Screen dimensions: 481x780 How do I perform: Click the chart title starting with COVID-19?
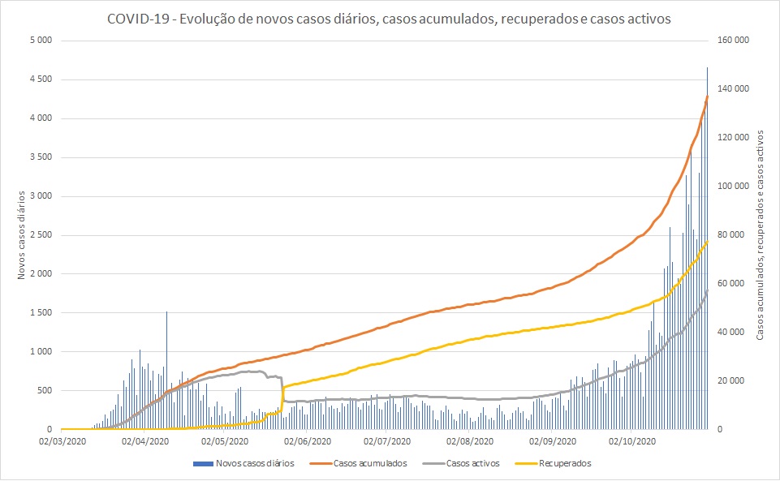coord(389,19)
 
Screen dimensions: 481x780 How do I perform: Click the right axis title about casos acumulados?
coord(761,234)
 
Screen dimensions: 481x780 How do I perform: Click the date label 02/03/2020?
coord(62,442)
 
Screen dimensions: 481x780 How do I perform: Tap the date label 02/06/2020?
coord(308,442)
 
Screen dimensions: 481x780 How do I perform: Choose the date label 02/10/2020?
coord(633,442)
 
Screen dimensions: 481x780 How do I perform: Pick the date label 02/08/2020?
coord(471,442)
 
